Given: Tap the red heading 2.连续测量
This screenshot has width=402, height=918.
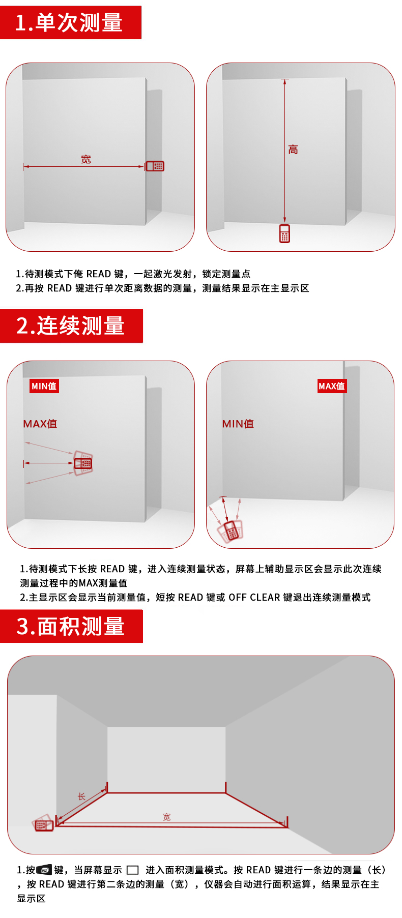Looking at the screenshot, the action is (x=71, y=325).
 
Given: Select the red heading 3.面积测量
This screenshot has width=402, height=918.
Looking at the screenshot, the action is (x=71, y=626).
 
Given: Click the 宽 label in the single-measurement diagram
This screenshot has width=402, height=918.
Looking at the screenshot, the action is (x=86, y=159).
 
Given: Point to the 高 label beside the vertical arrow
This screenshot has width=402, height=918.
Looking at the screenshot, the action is (x=293, y=150).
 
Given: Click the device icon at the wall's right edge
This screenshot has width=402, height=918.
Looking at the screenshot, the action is (x=155, y=166).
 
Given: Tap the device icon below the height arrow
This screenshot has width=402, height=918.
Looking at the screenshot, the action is (x=284, y=233).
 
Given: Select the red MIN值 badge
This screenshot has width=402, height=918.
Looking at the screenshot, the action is (x=44, y=386).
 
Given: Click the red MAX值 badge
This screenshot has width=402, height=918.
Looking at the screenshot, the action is (x=332, y=386).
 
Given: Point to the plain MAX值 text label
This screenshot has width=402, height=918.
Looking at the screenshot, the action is (x=40, y=424).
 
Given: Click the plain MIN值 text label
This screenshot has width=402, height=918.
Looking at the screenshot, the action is (x=238, y=424).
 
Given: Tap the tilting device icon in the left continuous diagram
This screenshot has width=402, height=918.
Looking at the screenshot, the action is (x=83, y=463).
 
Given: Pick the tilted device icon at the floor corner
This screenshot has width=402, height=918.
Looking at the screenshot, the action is (x=231, y=531).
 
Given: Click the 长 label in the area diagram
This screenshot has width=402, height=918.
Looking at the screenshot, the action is (x=81, y=796).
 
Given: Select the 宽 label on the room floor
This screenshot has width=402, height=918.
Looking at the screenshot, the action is (x=167, y=817).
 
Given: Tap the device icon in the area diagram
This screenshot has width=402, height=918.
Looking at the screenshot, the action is (x=43, y=823).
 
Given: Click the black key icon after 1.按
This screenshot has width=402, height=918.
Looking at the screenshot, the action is (x=44, y=870).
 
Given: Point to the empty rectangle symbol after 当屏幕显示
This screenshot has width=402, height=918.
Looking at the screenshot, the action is (x=132, y=870).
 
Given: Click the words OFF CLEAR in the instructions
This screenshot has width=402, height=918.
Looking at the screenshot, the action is (x=254, y=597).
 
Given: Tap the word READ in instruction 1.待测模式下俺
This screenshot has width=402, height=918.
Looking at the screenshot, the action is (x=99, y=274).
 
